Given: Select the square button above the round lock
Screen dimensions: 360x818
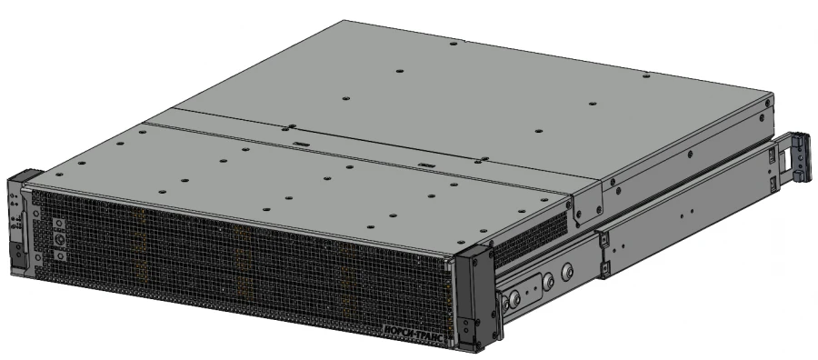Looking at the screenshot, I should (x=57, y=223).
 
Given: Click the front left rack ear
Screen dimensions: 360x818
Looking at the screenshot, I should (x=20, y=223).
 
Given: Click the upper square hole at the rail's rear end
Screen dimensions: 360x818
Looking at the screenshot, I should (x=773, y=160).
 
